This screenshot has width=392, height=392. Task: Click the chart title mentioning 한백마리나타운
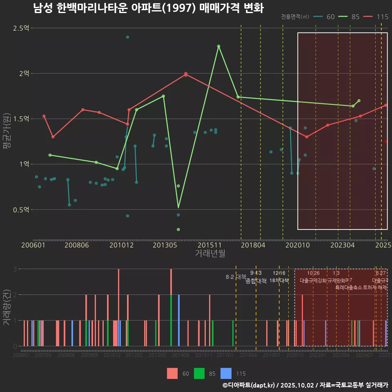(148, 8)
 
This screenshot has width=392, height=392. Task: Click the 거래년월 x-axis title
(210, 253)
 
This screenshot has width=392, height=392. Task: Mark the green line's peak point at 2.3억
(219, 46)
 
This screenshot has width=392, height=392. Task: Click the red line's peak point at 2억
(186, 74)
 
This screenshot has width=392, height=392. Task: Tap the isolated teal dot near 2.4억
(127, 37)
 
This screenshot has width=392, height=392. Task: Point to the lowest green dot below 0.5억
(178, 229)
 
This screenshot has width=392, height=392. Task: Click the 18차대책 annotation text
(279, 281)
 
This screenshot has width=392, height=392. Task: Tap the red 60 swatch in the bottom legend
(172, 373)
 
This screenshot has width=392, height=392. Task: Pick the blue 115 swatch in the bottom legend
(226, 373)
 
